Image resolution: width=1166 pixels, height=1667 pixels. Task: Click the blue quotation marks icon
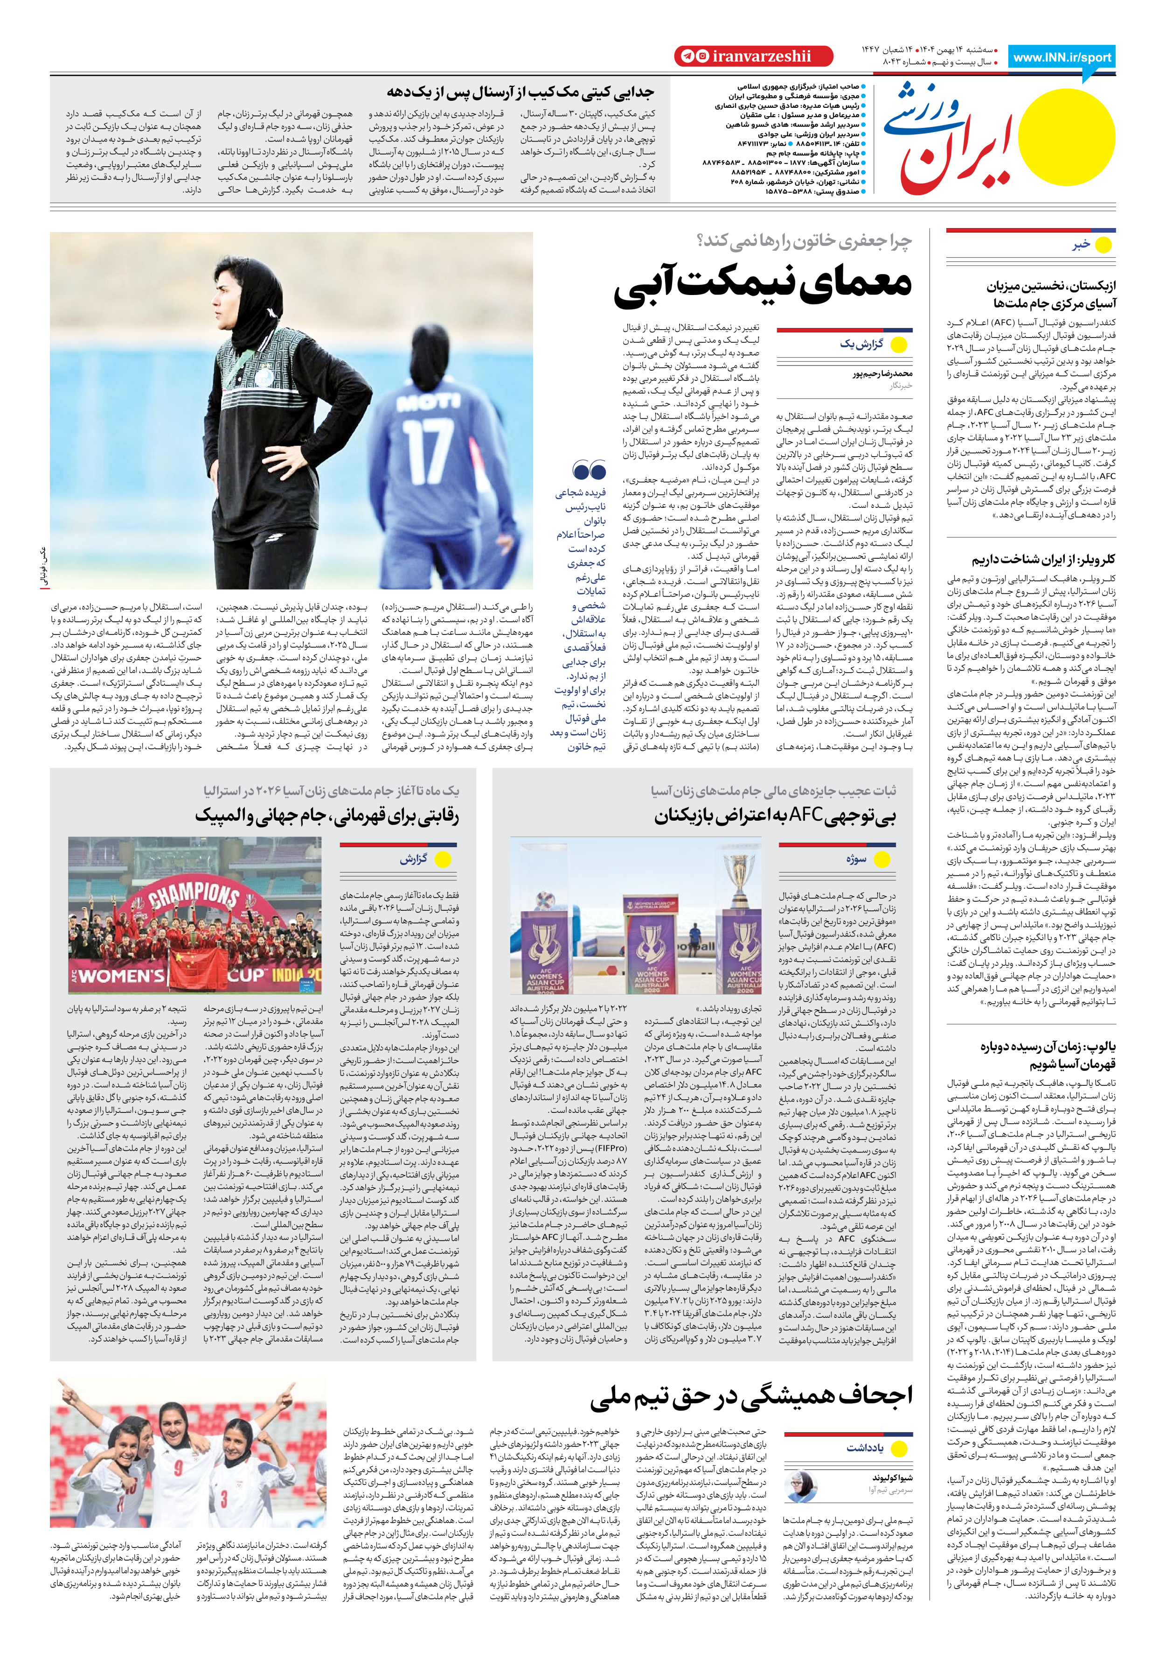(x=589, y=471)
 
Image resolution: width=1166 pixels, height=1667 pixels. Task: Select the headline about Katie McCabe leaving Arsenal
(x=520, y=92)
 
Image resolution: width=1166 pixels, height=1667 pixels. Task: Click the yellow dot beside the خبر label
(x=1103, y=246)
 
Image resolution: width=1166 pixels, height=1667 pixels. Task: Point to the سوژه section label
(x=856, y=859)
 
